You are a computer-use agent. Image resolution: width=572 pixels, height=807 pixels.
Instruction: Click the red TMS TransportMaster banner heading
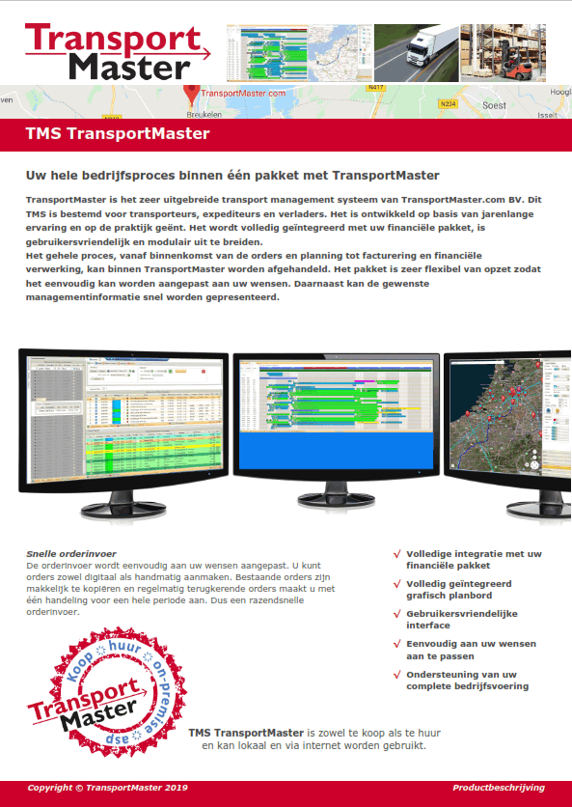tap(118, 134)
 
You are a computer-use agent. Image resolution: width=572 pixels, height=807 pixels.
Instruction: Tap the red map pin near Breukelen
tap(191, 94)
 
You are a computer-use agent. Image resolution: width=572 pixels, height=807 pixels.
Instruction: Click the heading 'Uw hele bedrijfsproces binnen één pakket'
tap(232, 176)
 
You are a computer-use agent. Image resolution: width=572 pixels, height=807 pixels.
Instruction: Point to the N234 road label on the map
tap(447, 102)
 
